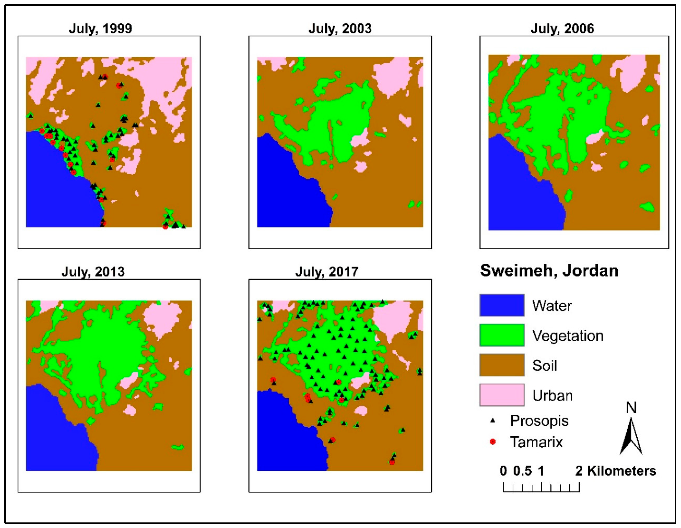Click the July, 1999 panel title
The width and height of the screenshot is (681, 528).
100,29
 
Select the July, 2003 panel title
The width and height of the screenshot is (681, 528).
340,29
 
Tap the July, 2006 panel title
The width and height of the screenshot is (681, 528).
562,29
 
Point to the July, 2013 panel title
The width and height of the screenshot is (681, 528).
93,272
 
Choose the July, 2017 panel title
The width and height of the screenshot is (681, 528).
327,272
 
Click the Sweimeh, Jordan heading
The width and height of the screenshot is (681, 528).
549,271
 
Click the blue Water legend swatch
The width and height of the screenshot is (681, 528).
502,305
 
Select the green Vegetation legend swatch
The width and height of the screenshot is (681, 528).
502,335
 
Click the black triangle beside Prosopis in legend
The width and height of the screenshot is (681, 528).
493,421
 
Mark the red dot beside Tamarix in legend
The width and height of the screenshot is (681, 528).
493,442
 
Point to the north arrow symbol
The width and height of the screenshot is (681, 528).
631,436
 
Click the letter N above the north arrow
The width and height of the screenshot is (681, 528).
631,407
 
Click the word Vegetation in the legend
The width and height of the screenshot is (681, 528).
568,336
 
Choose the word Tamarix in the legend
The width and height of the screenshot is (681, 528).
536,442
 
